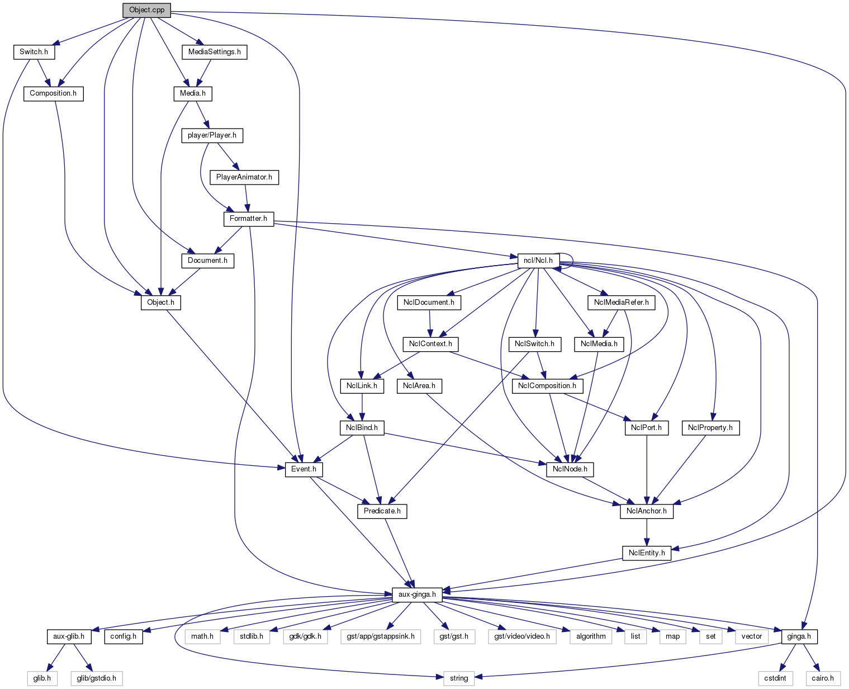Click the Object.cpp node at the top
tap(146, 10)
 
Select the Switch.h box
tap(34, 52)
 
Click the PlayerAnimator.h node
tap(244, 177)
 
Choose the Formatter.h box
tap(248, 219)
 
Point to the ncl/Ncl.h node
tap(538, 261)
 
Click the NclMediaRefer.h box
tap(621, 303)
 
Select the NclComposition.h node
tap(547, 386)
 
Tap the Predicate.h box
tap(382, 511)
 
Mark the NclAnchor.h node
tap(647, 511)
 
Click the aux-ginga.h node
tap(417, 594)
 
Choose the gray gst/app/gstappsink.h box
tap(380, 636)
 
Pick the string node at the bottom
tap(459, 678)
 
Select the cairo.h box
tap(823, 678)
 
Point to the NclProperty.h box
tap(710, 428)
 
